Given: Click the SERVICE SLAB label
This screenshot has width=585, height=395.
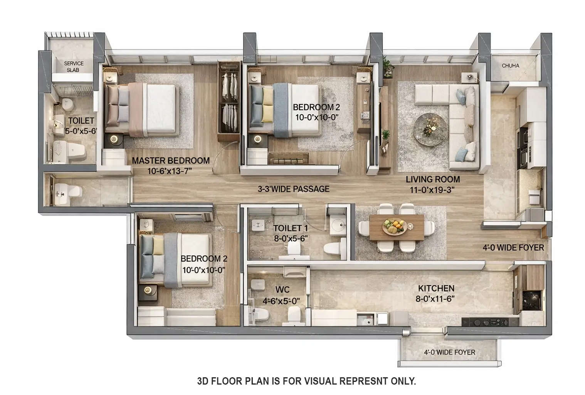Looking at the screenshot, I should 74,66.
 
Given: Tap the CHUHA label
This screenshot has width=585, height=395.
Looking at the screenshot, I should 510,66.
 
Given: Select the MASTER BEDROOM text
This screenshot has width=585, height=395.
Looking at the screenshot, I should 171,160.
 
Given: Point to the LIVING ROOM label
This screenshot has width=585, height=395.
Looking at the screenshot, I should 432,179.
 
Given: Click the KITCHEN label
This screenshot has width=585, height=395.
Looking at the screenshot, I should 436,288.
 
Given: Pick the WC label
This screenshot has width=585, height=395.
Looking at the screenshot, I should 282,290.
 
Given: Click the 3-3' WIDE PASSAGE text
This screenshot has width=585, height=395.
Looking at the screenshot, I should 293,189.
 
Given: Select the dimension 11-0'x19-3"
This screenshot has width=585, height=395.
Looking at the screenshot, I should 432,190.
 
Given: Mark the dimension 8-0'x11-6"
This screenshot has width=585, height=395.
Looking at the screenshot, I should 436,299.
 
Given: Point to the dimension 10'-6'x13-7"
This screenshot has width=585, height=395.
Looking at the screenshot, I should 170,171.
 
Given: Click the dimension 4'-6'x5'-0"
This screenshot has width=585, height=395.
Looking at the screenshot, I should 281,300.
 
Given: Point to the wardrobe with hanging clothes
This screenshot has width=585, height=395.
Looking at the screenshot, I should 229,102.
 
